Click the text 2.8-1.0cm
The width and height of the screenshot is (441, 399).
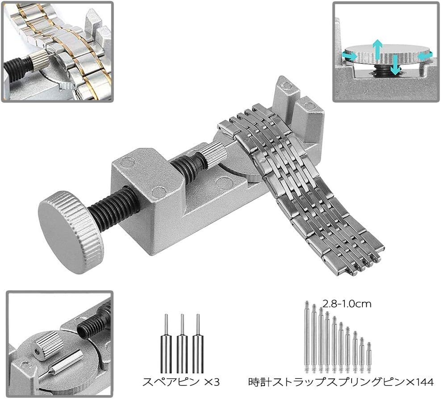tap(347, 304)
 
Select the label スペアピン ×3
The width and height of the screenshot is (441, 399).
tap(181, 382)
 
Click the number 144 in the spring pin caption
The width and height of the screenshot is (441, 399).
tap(424, 382)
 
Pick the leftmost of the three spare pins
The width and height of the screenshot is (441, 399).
tap(166, 343)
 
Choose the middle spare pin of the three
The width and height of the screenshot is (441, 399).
tap(182, 343)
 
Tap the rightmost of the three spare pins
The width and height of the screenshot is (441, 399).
tap(198, 343)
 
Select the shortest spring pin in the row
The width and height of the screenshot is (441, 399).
tap(369, 357)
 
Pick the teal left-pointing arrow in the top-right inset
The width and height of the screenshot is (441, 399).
tap(424, 56)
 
